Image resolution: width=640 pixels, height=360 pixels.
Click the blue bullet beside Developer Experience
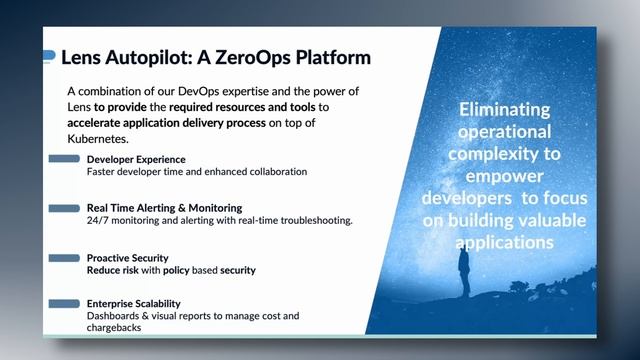63,160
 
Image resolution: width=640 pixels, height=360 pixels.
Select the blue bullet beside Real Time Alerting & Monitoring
63,208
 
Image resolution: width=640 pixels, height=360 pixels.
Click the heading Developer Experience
136,160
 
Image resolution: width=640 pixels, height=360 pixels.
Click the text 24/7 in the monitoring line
99,220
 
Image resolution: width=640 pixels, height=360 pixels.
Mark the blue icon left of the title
49,57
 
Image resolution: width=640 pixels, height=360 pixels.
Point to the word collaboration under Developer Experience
270,172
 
